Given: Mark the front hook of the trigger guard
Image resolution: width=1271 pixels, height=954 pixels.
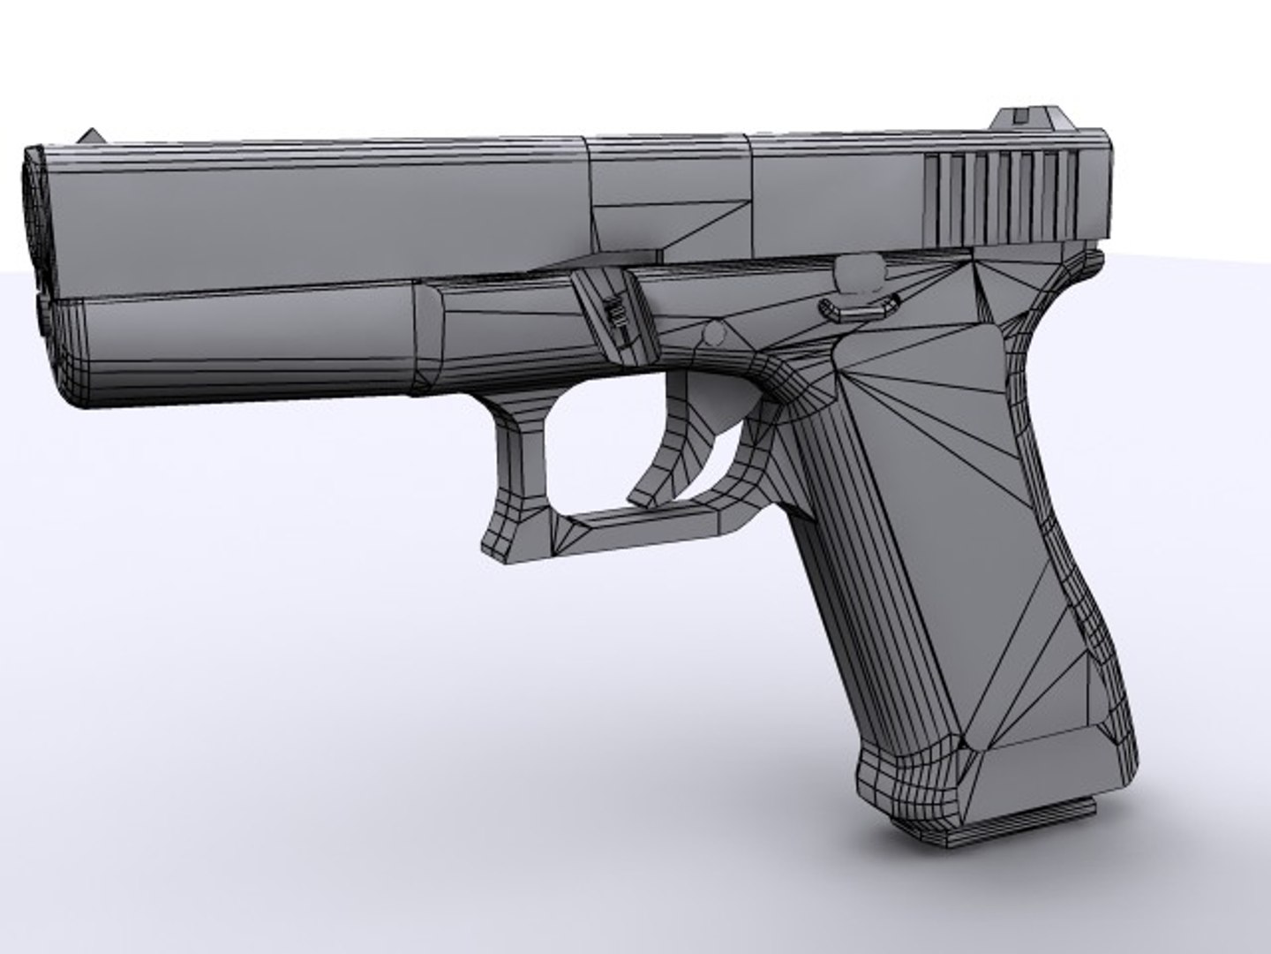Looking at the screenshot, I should pyautogui.click(x=508, y=530).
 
